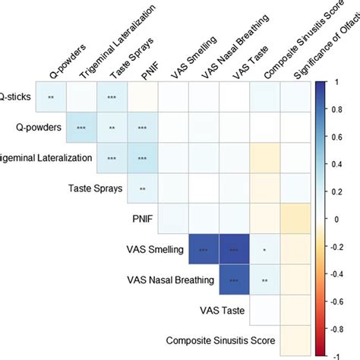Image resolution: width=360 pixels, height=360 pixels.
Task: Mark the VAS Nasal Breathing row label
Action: pos(172,279)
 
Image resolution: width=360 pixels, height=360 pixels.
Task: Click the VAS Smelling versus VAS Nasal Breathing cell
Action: pos(204,248)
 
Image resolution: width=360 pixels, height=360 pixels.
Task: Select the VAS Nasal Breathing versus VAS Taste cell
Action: pos(234,279)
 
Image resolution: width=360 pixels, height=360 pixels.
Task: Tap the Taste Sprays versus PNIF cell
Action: pos(143,188)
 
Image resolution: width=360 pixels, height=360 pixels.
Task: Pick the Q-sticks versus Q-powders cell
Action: pos(52,96)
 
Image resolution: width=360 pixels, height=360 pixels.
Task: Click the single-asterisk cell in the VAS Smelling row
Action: pos(264,248)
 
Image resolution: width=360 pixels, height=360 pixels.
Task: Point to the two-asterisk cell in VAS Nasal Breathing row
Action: pos(264,279)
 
